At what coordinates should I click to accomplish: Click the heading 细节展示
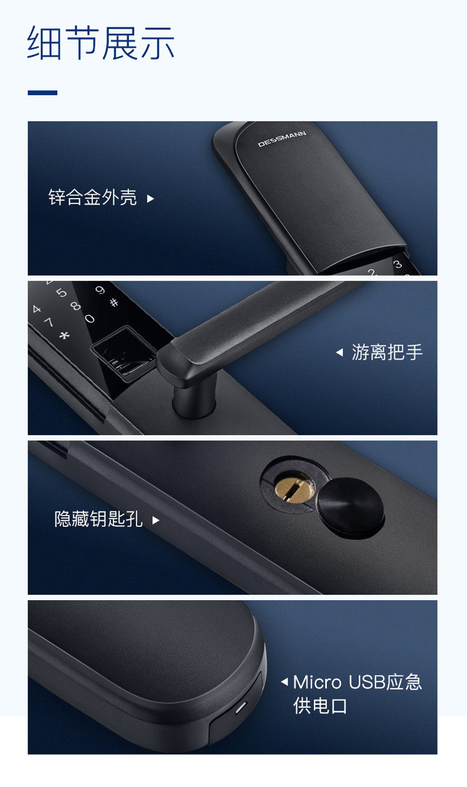tap(101, 43)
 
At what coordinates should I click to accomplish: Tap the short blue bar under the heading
tap(42, 93)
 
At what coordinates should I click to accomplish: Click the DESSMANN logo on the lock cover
tap(282, 139)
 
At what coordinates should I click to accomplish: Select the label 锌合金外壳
tap(93, 197)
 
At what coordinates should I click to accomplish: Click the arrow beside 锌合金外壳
tap(151, 199)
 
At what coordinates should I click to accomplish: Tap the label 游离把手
tap(387, 352)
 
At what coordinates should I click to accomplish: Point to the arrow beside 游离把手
tap(339, 352)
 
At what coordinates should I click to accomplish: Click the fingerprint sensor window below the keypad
tap(123, 353)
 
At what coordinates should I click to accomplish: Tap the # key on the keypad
tap(114, 303)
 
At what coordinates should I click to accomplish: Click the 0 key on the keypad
tap(90, 319)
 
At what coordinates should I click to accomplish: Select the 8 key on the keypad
tap(75, 306)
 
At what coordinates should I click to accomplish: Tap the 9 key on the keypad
tap(100, 290)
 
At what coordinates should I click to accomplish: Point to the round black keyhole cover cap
tap(351, 507)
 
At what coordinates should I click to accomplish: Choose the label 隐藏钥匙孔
tap(98, 519)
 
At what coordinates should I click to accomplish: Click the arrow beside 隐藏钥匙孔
tap(156, 521)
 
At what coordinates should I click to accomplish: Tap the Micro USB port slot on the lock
tap(240, 707)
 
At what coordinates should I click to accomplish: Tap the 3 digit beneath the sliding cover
tap(397, 264)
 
